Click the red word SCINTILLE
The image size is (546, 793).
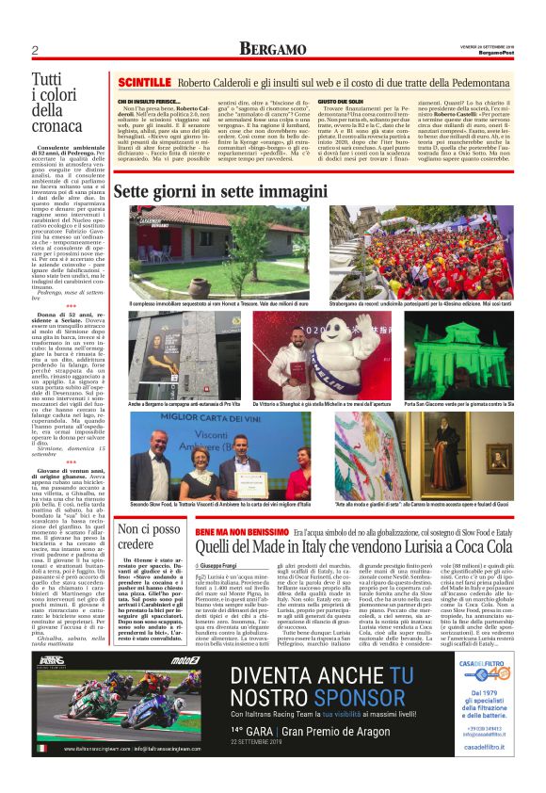(144, 84)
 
